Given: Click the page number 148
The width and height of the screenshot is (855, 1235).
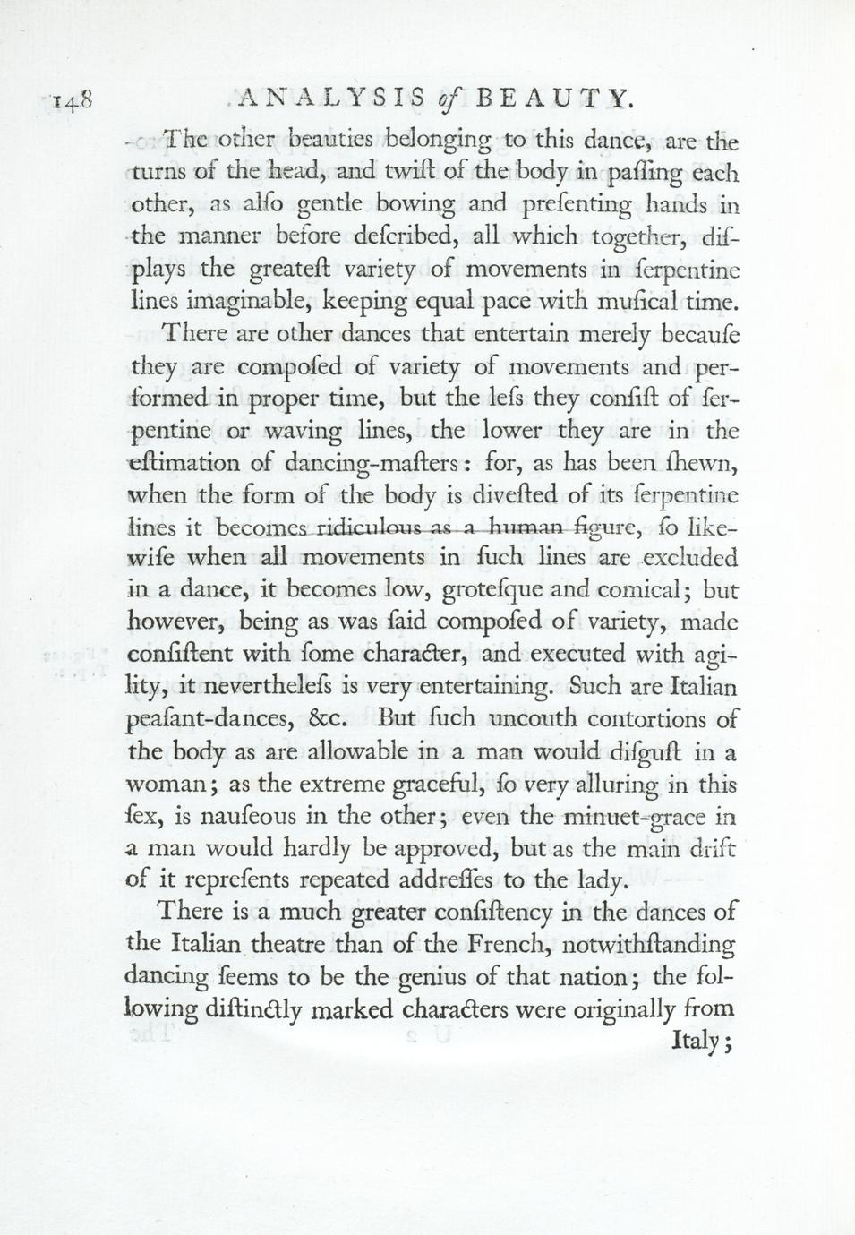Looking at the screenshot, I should pyautogui.click(x=69, y=99).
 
